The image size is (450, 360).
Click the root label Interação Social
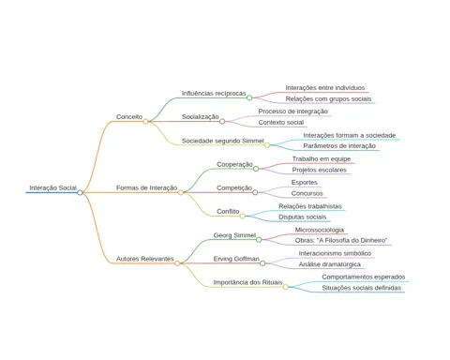(x=53, y=187)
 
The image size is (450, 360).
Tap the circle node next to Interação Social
(x=80, y=192)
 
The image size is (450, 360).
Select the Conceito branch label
(x=129, y=117)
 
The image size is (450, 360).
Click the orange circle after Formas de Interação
(x=180, y=192)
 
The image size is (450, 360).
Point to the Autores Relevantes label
(x=145, y=259)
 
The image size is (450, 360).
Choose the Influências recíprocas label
(x=214, y=94)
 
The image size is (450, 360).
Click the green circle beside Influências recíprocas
(x=249, y=97)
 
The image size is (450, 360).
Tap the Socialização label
(x=201, y=117)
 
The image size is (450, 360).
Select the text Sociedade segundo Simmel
(x=223, y=141)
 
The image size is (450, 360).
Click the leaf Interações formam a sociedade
(x=350, y=135)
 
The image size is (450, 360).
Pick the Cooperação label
(x=234, y=164)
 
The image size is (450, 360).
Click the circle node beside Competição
(x=255, y=192)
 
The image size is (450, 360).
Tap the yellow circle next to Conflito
(x=243, y=216)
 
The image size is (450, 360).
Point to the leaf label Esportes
(x=305, y=182)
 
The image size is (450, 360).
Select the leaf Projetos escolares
(x=320, y=170)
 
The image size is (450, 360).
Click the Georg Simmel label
(x=234, y=235)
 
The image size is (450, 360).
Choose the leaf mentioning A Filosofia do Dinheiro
(x=341, y=240)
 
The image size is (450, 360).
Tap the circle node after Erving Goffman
(x=262, y=263)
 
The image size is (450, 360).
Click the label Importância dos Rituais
(x=247, y=282)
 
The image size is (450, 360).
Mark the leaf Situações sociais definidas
(x=362, y=288)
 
